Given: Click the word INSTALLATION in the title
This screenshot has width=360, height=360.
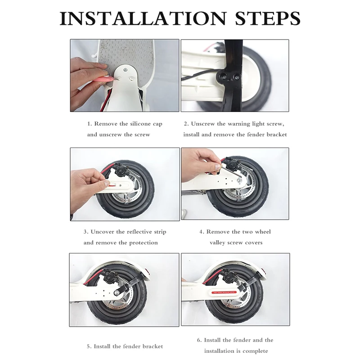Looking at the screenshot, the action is click(x=143, y=18).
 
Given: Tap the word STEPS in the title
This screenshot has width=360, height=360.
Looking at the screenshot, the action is click(x=268, y=18).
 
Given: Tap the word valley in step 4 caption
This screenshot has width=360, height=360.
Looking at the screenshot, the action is click(x=217, y=243).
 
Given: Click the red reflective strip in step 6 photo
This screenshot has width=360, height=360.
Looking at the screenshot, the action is click(x=224, y=292).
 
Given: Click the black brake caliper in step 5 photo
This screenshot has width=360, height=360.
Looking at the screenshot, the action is click(x=108, y=276).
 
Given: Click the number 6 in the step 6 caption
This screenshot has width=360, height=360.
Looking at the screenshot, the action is click(x=198, y=340).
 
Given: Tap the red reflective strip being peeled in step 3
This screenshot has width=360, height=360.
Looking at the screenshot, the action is click(x=113, y=185).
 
